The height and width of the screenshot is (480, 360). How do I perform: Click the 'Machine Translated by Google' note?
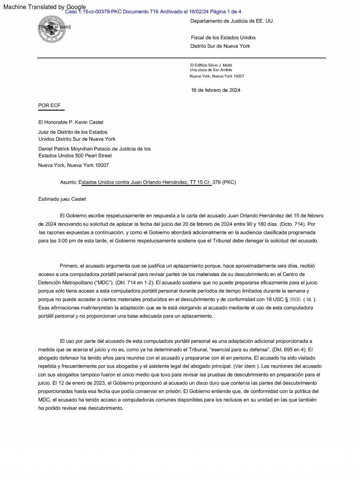(44, 7)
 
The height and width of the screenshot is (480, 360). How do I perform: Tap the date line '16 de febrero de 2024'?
(216, 90)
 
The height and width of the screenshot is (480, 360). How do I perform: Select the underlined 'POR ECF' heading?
(49, 105)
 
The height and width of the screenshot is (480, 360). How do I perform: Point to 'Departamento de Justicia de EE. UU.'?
(232, 21)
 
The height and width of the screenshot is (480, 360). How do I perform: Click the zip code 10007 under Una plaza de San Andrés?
(239, 76)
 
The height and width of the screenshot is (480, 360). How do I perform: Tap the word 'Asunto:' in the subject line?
(68, 182)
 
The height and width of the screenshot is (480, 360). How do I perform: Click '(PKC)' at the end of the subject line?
(229, 182)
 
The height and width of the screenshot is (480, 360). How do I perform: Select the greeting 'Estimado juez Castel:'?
(63, 199)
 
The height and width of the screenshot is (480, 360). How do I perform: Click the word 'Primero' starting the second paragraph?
(68, 266)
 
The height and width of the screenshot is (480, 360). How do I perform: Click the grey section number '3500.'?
(295, 299)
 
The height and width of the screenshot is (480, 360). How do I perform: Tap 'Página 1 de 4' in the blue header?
(225, 12)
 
